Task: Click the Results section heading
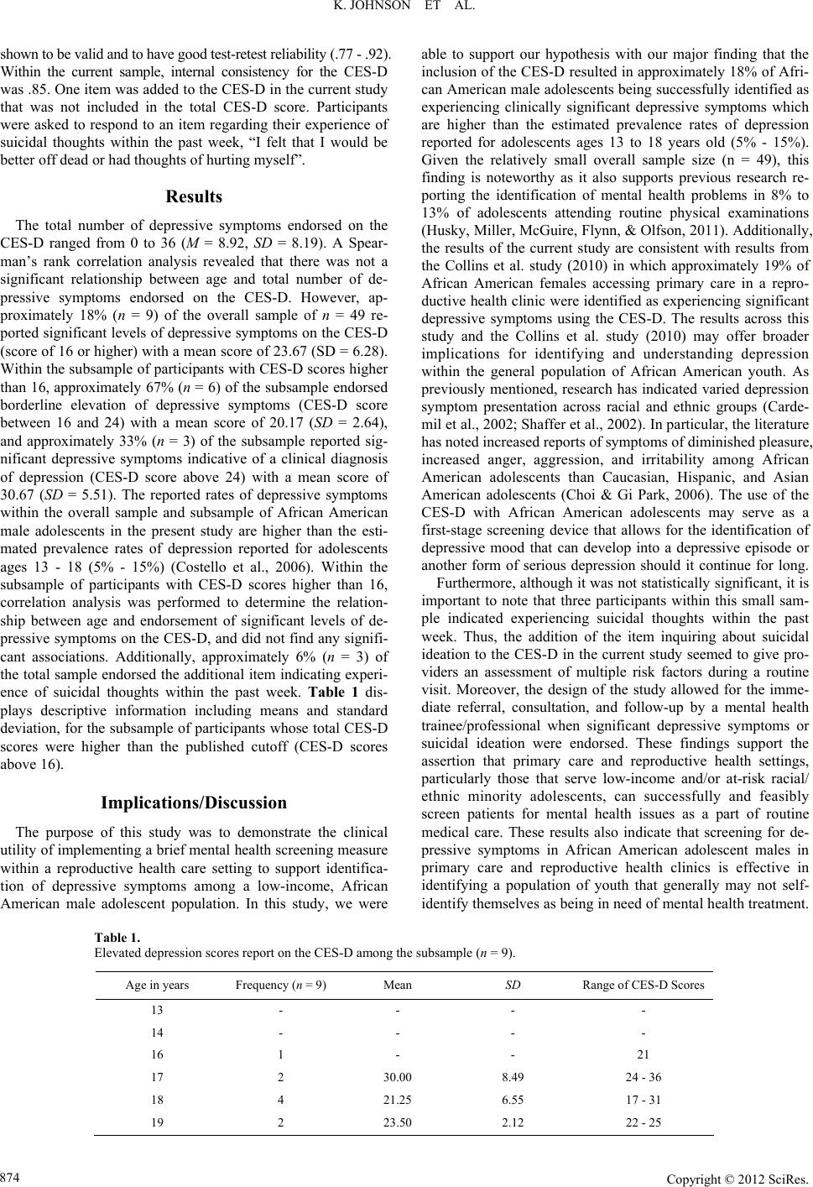point(194,197)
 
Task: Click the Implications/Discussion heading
point(194,803)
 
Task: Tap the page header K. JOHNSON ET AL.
point(406,11)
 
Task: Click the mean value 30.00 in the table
point(397,1076)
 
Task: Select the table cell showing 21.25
point(397,1099)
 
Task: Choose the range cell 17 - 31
point(644,1099)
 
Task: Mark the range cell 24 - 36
point(644,1076)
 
